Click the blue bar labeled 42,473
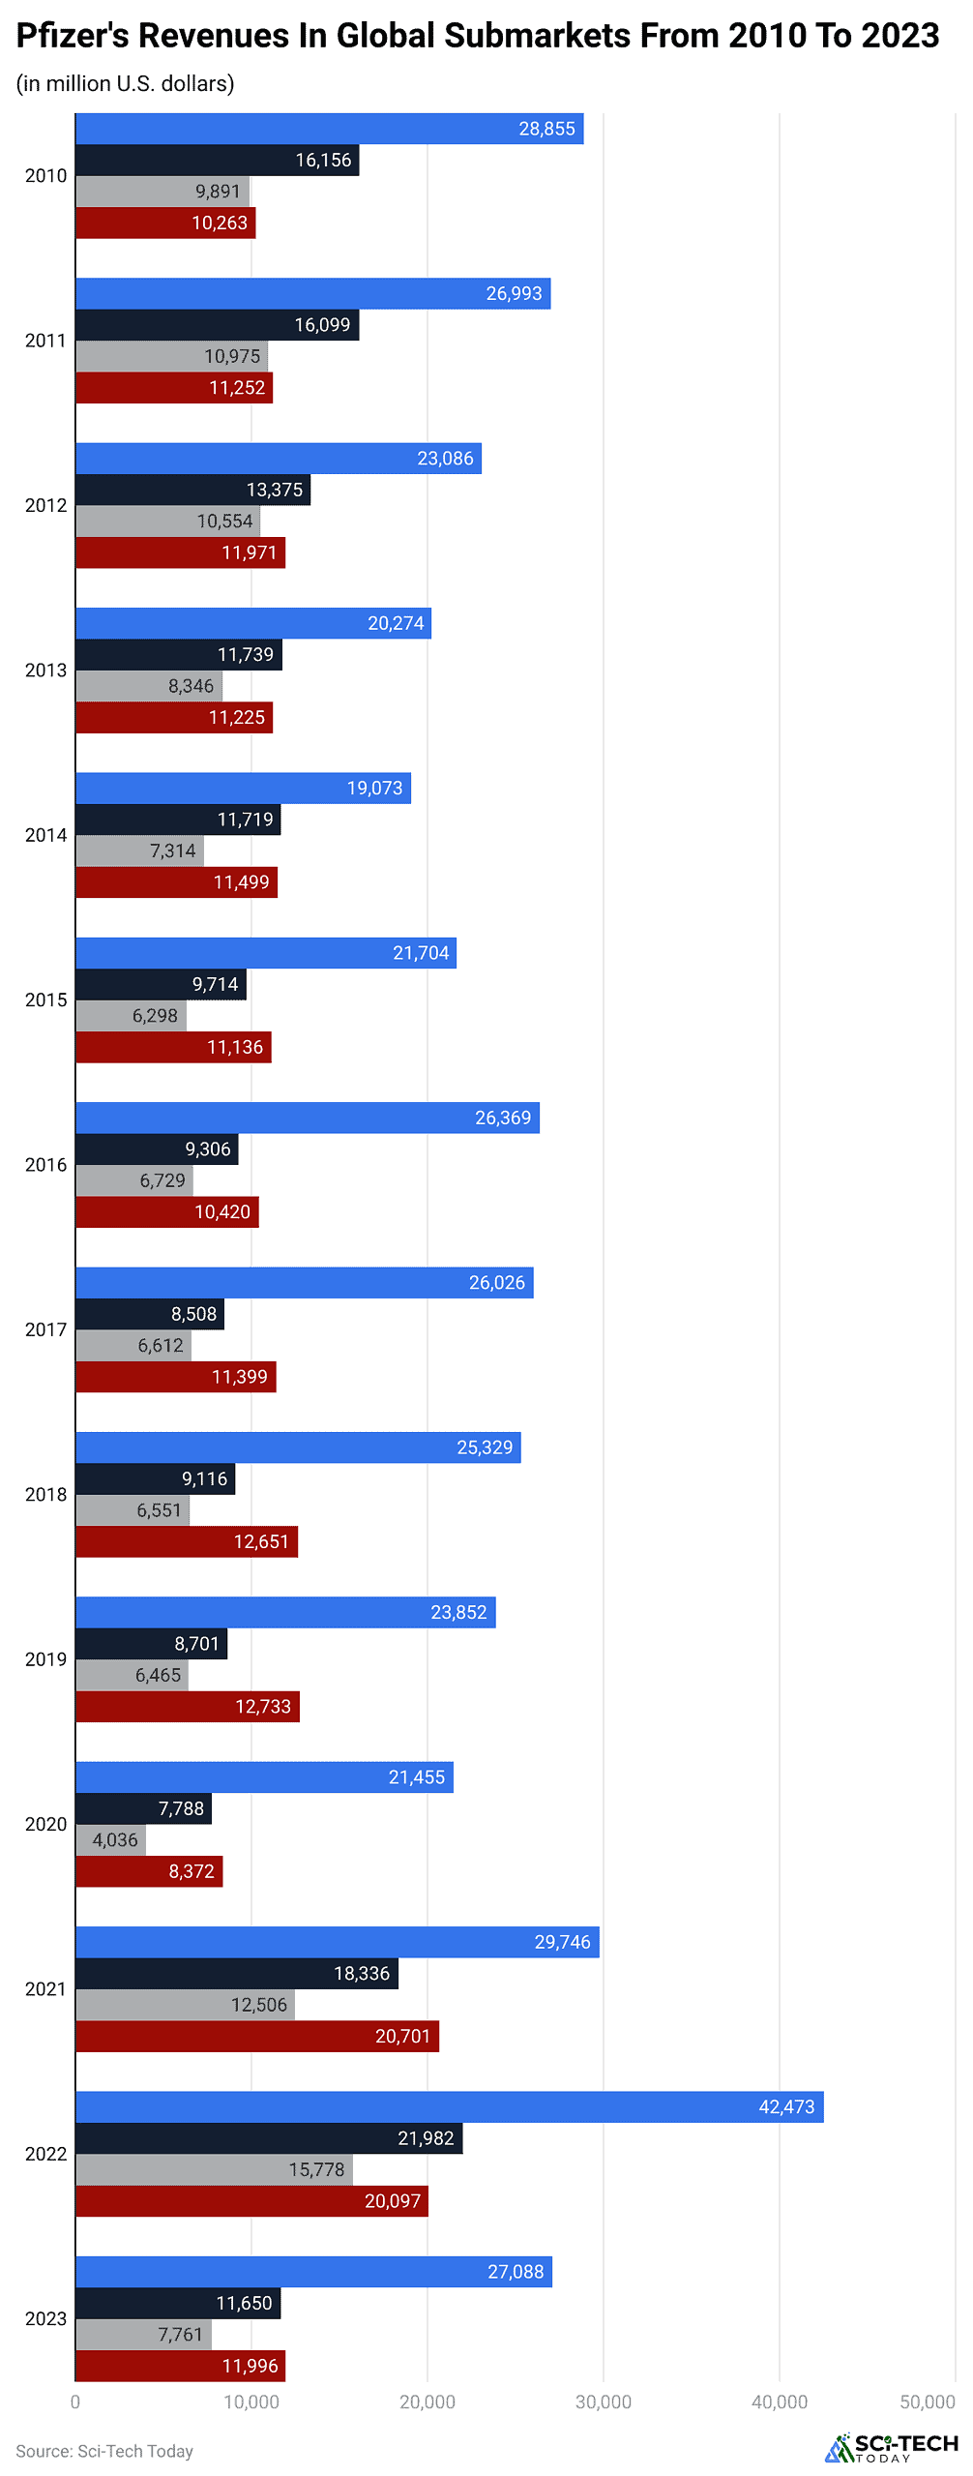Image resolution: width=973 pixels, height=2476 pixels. coord(449,2106)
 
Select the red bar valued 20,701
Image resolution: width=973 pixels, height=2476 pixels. coord(257,2036)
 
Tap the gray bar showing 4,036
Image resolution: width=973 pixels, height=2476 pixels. coord(110,1839)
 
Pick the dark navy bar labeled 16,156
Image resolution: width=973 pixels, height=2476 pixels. coord(217,160)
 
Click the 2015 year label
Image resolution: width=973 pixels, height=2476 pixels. coord(45,999)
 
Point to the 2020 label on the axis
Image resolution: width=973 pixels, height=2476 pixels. coord(45,1824)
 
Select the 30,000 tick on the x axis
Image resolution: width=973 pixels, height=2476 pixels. coord(603,2401)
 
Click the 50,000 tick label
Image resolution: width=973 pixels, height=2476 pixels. coord(927,2401)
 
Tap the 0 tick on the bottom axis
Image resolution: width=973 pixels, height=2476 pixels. coord(75,2401)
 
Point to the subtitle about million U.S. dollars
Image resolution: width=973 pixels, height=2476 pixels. coord(125,84)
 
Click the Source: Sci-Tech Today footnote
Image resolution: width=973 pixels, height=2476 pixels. coord(104,2451)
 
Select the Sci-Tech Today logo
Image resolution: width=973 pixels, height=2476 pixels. coord(891,2447)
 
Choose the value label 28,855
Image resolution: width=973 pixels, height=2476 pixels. coord(546,129)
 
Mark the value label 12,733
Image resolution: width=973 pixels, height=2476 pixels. coord(263,1706)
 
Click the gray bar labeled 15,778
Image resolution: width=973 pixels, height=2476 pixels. coord(214,2169)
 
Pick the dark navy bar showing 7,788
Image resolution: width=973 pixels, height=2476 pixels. coord(143,1808)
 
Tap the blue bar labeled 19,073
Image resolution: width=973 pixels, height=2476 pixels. coord(243,788)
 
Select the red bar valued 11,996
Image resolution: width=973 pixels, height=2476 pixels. coord(180,2366)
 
